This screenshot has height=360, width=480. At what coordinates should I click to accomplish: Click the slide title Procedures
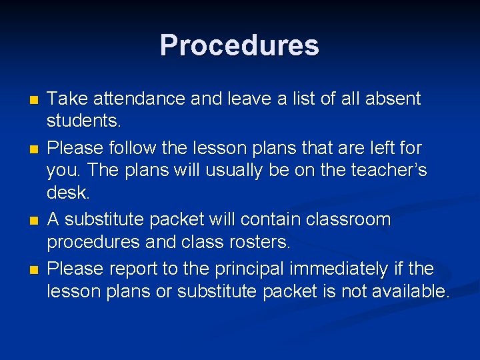point(239,45)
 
